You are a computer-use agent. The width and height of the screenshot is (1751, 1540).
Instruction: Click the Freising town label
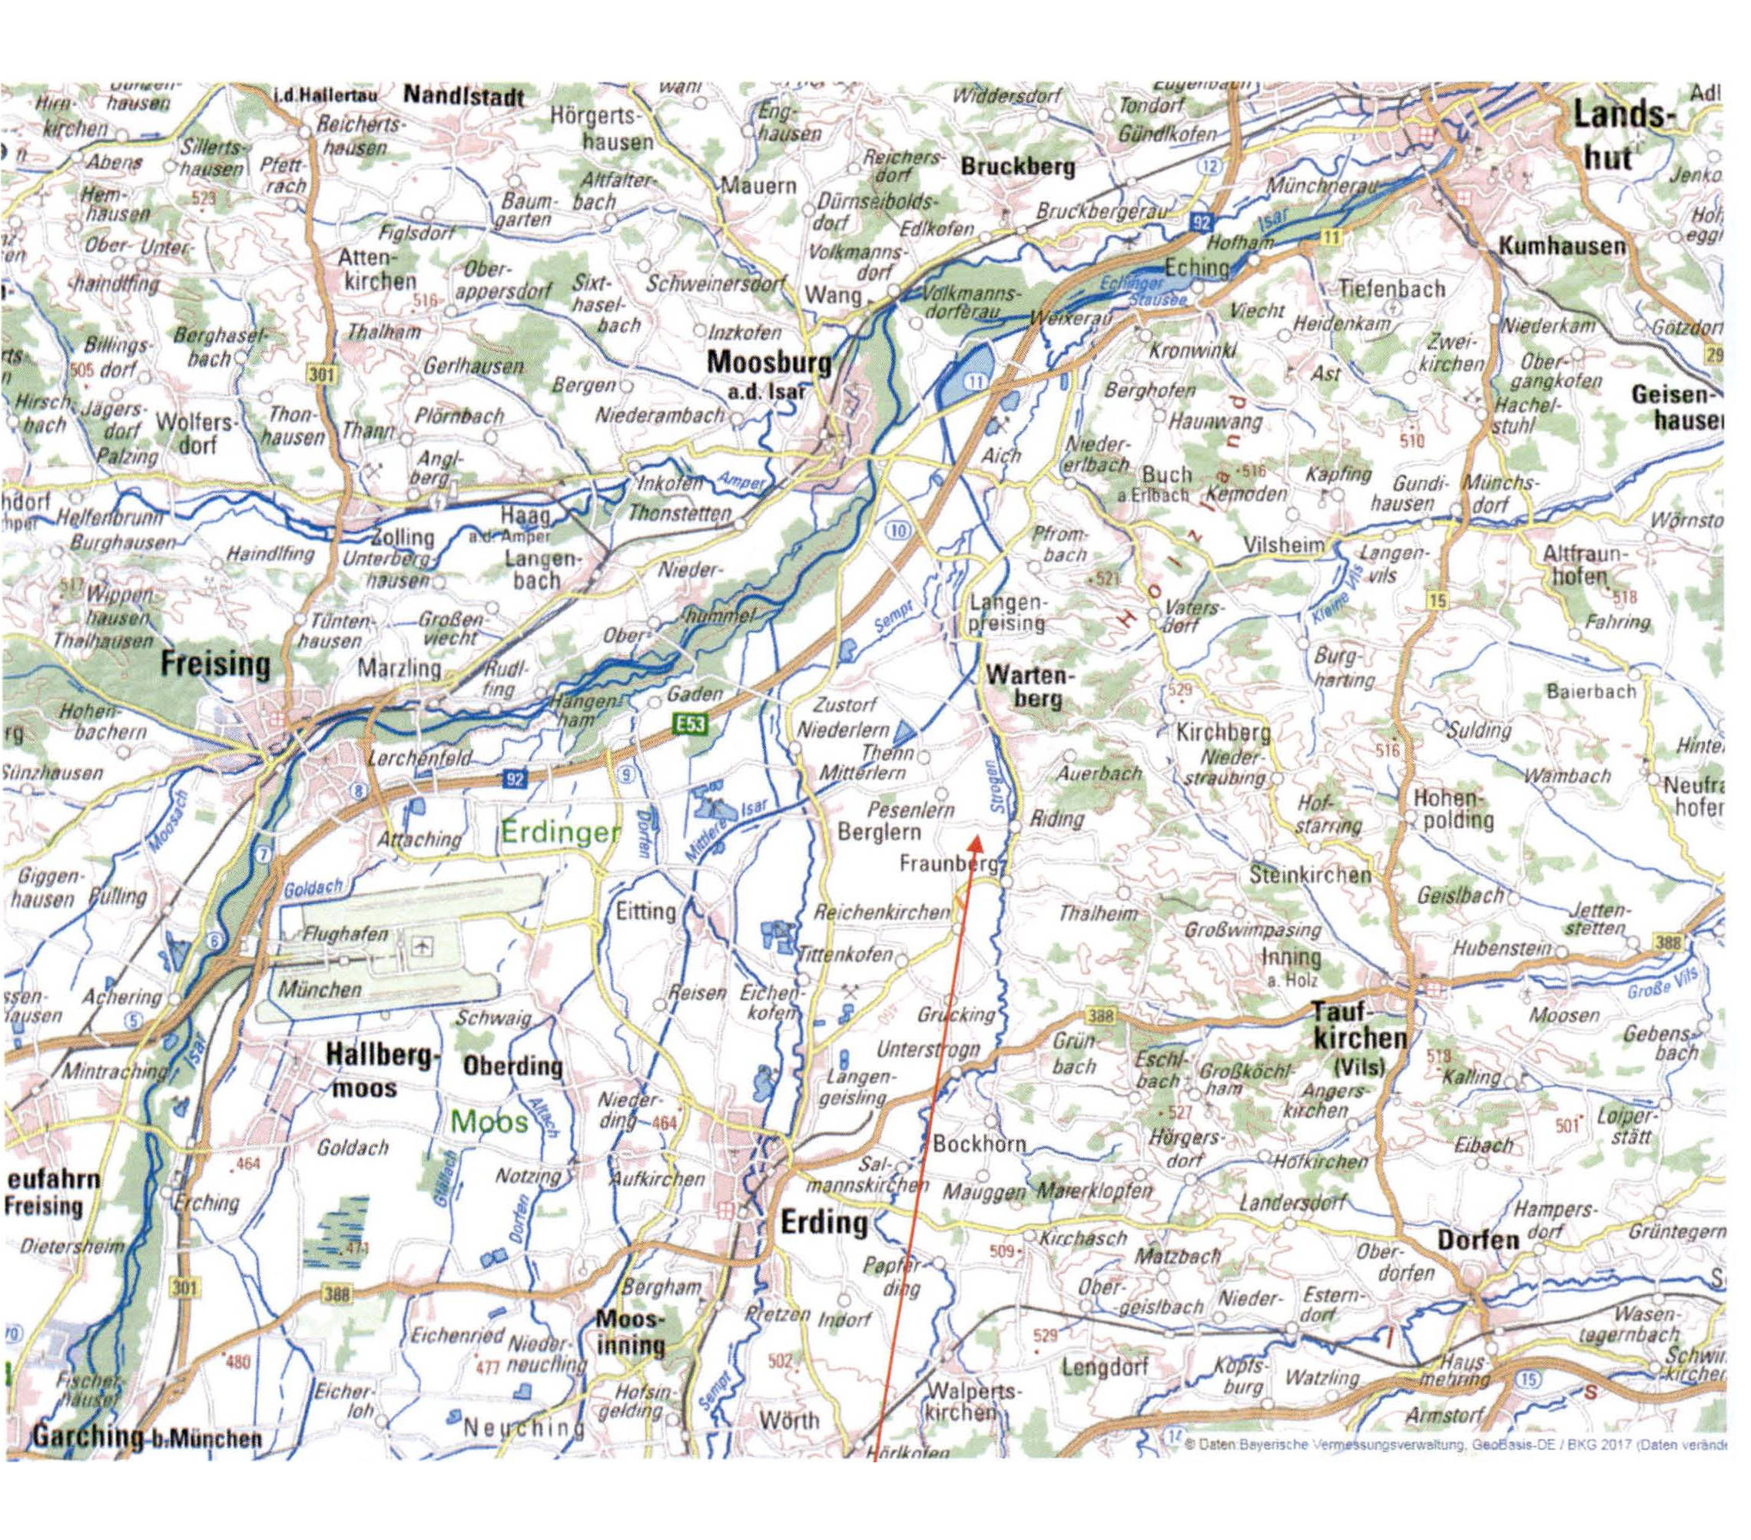pos(214,664)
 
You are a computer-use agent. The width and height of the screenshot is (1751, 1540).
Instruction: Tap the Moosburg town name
pos(768,363)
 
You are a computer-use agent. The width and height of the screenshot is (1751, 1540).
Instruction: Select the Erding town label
pos(823,1222)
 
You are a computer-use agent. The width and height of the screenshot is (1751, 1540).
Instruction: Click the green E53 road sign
pos(688,724)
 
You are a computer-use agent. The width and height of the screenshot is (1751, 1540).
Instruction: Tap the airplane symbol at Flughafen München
pos(420,946)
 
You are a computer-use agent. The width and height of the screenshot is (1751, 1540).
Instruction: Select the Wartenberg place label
pos(1026,687)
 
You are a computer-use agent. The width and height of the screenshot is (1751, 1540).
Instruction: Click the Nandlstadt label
pos(463,96)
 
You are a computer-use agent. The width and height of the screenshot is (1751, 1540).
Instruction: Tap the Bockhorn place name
pos(978,1144)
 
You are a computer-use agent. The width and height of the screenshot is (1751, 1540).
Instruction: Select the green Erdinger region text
pos(559,832)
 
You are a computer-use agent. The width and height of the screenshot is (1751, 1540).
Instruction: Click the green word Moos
pos(489,1121)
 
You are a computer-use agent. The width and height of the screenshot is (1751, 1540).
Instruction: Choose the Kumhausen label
pos(1560,247)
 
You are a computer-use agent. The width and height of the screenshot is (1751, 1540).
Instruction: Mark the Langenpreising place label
pos(1006,612)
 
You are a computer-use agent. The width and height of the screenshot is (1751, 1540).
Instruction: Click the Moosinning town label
pos(631,1333)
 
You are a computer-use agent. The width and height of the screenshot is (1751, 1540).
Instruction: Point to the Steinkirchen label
pos(1310,876)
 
